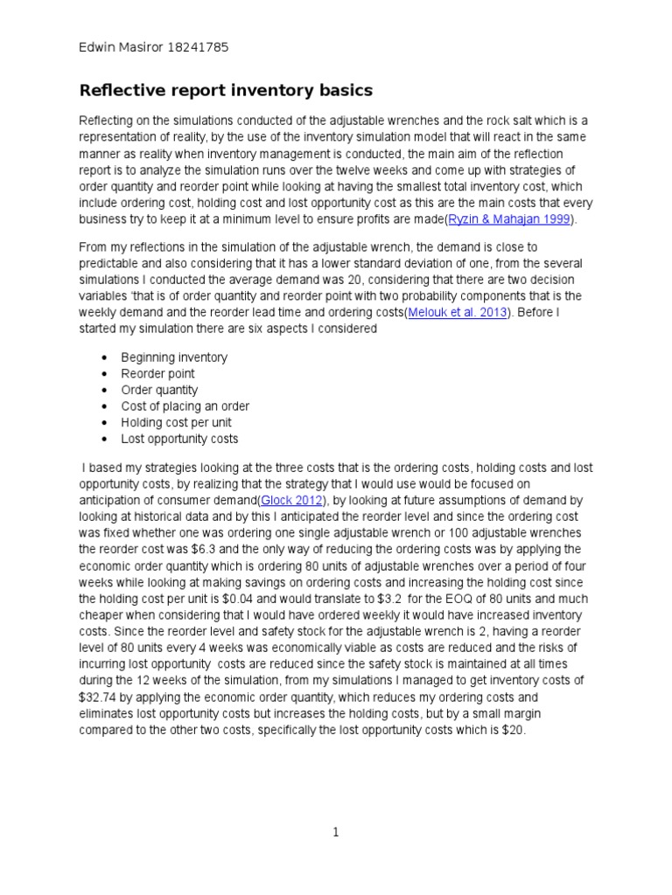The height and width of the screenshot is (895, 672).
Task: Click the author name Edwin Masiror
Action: (x=117, y=47)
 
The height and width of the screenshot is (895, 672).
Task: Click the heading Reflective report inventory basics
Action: (x=226, y=90)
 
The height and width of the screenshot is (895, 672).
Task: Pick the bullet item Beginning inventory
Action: (x=174, y=357)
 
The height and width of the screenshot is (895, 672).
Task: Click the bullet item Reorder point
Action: (x=157, y=373)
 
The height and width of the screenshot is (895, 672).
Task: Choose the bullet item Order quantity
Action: (x=159, y=390)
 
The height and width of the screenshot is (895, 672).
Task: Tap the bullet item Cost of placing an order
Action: (x=185, y=406)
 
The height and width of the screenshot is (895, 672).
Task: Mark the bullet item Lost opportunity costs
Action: (x=179, y=439)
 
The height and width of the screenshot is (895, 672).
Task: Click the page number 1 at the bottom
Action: (x=335, y=833)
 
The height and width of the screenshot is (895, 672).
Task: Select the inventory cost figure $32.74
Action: (x=99, y=697)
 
